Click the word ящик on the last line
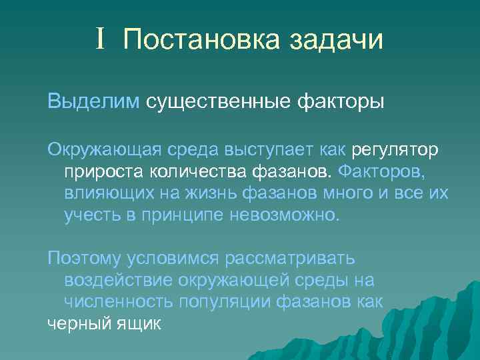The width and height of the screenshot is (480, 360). pos(139,324)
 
